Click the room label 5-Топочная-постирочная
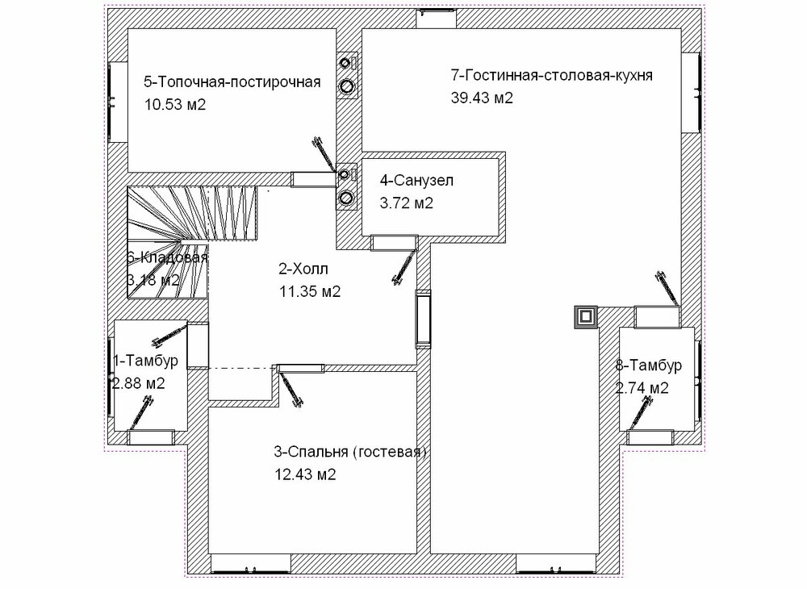coord(232,82)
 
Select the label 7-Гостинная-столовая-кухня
coord(551,76)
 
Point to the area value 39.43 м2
coord(482,98)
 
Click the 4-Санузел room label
coord(417,181)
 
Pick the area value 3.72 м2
coord(407,203)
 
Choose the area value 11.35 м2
coord(309,291)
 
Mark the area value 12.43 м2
coord(306,474)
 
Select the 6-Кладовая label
coord(167,258)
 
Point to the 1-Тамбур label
coord(145,361)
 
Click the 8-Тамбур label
coord(648,366)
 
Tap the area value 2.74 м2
coord(642,387)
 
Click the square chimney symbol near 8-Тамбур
coord(584,317)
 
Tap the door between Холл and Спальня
coord(301,369)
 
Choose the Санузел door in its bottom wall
coord(393,241)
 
